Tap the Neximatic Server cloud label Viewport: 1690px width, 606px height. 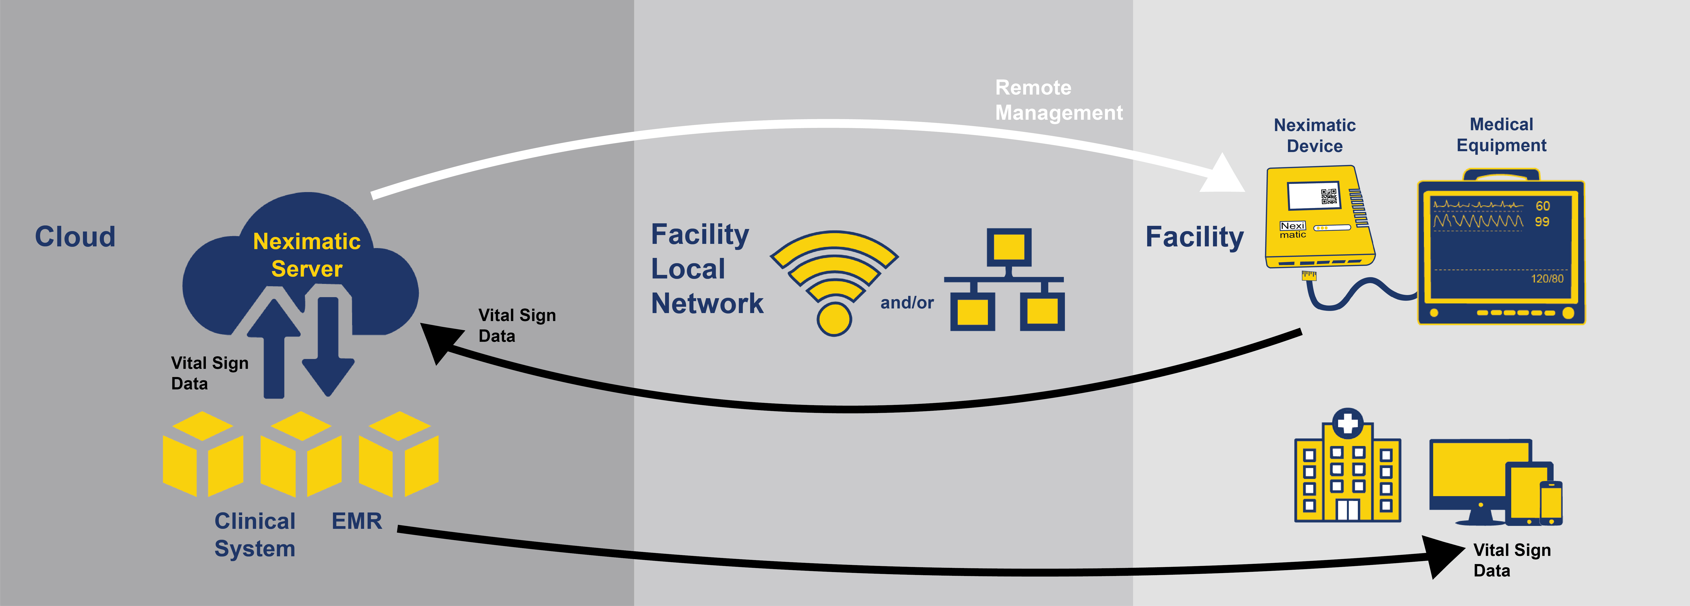pyautogui.click(x=307, y=255)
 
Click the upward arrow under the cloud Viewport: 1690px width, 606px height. pyautogui.click(x=274, y=348)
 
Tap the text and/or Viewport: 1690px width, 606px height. pyautogui.click(x=907, y=303)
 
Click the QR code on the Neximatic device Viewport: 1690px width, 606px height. pyautogui.click(x=1328, y=196)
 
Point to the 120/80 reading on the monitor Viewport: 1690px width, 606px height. pyautogui.click(x=1547, y=279)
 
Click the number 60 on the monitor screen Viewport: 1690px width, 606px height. pyautogui.click(x=1542, y=206)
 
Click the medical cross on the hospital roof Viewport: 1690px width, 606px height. pyautogui.click(x=1348, y=423)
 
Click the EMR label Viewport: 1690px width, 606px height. pyautogui.click(x=356, y=521)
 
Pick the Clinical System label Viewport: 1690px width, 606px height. pyautogui.click(x=255, y=534)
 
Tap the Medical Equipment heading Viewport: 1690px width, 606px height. pyautogui.click(x=1501, y=134)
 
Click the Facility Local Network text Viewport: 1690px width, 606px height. pyautogui.click(x=707, y=269)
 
